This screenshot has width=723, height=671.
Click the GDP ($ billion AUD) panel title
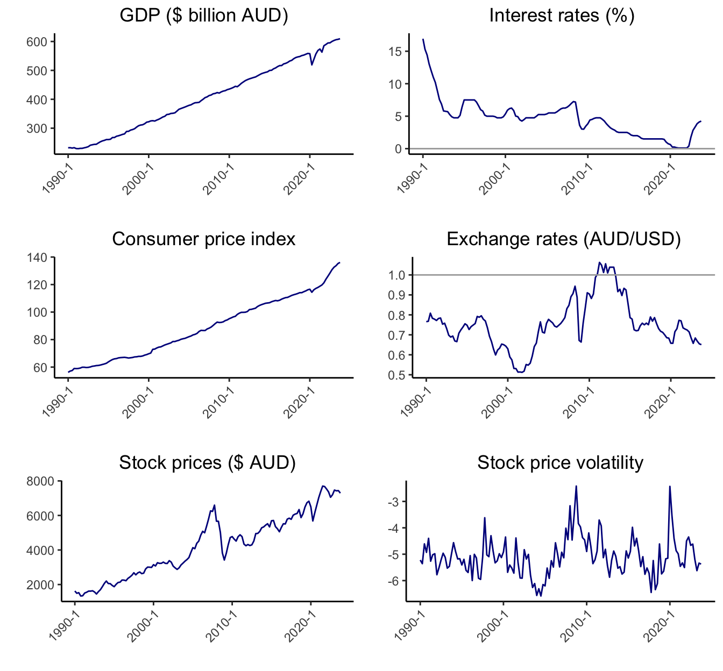(204, 16)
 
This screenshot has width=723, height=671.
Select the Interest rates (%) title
(562, 16)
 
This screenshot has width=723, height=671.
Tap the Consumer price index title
(204, 239)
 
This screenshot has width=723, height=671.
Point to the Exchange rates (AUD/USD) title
(564, 239)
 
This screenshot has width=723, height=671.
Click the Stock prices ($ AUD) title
(207, 463)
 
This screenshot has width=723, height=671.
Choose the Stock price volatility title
(560, 463)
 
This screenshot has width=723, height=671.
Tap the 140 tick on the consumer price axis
(37, 258)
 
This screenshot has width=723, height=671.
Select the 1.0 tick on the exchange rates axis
(398, 275)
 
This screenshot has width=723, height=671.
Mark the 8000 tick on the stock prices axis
(40, 481)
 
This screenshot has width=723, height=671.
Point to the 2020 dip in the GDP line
(312, 65)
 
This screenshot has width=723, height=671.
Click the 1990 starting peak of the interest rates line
(423, 39)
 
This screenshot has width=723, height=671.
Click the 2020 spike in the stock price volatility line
(670, 487)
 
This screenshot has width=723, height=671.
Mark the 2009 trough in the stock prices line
(224, 560)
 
